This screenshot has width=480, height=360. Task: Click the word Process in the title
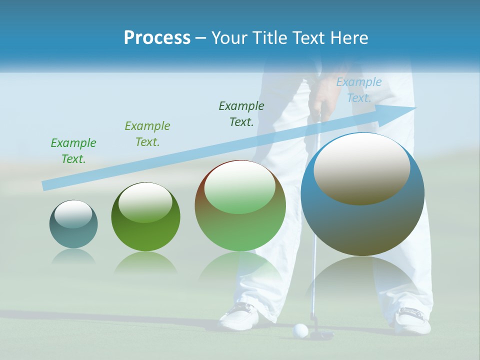coord(157,37)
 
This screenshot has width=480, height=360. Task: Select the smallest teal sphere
coord(73,224)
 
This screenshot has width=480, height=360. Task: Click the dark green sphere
coord(145,217)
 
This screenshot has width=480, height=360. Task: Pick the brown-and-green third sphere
coord(240,206)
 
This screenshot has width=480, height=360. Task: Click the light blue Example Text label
coord(359,90)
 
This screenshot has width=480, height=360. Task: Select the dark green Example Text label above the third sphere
coord(241,113)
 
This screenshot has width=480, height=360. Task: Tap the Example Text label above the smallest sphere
coord(73,150)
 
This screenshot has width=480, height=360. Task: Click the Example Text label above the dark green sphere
coord(147,133)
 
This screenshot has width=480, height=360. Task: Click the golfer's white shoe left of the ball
coord(240,314)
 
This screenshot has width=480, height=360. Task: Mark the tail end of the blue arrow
coord(46,185)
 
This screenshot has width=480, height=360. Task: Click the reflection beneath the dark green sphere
coord(145,262)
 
